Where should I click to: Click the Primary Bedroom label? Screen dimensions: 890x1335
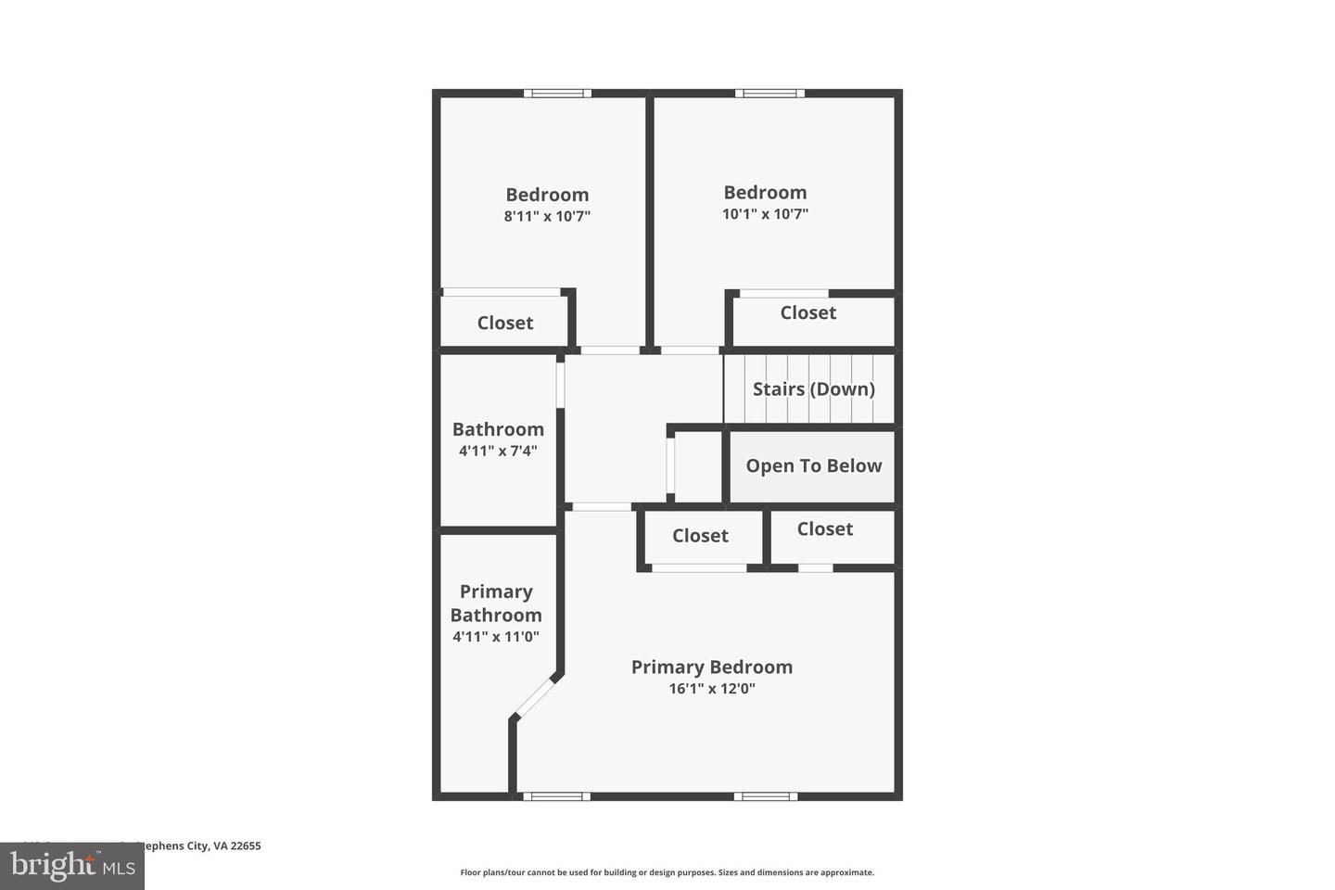pos(711,667)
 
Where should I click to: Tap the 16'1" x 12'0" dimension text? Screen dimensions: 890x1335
pos(711,689)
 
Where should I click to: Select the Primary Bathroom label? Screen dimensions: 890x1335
pos(496,603)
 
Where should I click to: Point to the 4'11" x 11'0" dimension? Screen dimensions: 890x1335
pos(496,637)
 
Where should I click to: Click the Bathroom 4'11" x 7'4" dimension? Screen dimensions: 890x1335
pos(498,451)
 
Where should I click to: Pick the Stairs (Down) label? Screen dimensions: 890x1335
pos(813,388)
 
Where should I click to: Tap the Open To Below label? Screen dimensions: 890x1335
pos(813,465)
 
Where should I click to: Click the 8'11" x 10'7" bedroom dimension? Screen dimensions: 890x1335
pos(547,216)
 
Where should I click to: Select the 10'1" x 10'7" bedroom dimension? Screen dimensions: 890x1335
pos(765,214)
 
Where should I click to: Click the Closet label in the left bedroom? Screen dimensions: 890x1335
pos(505,323)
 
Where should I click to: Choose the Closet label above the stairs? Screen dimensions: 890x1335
pos(807,312)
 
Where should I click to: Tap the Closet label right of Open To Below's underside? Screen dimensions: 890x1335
pos(824,528)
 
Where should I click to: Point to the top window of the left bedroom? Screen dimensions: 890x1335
pos(557,93)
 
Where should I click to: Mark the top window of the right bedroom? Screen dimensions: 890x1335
pos(769,93)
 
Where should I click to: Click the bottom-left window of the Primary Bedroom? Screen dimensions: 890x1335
pos(556,796)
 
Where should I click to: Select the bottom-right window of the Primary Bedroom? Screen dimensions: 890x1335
pos(766,796)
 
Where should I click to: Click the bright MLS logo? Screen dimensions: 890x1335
pos(72,866)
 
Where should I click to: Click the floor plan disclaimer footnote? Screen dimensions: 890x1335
pos(667,872)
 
